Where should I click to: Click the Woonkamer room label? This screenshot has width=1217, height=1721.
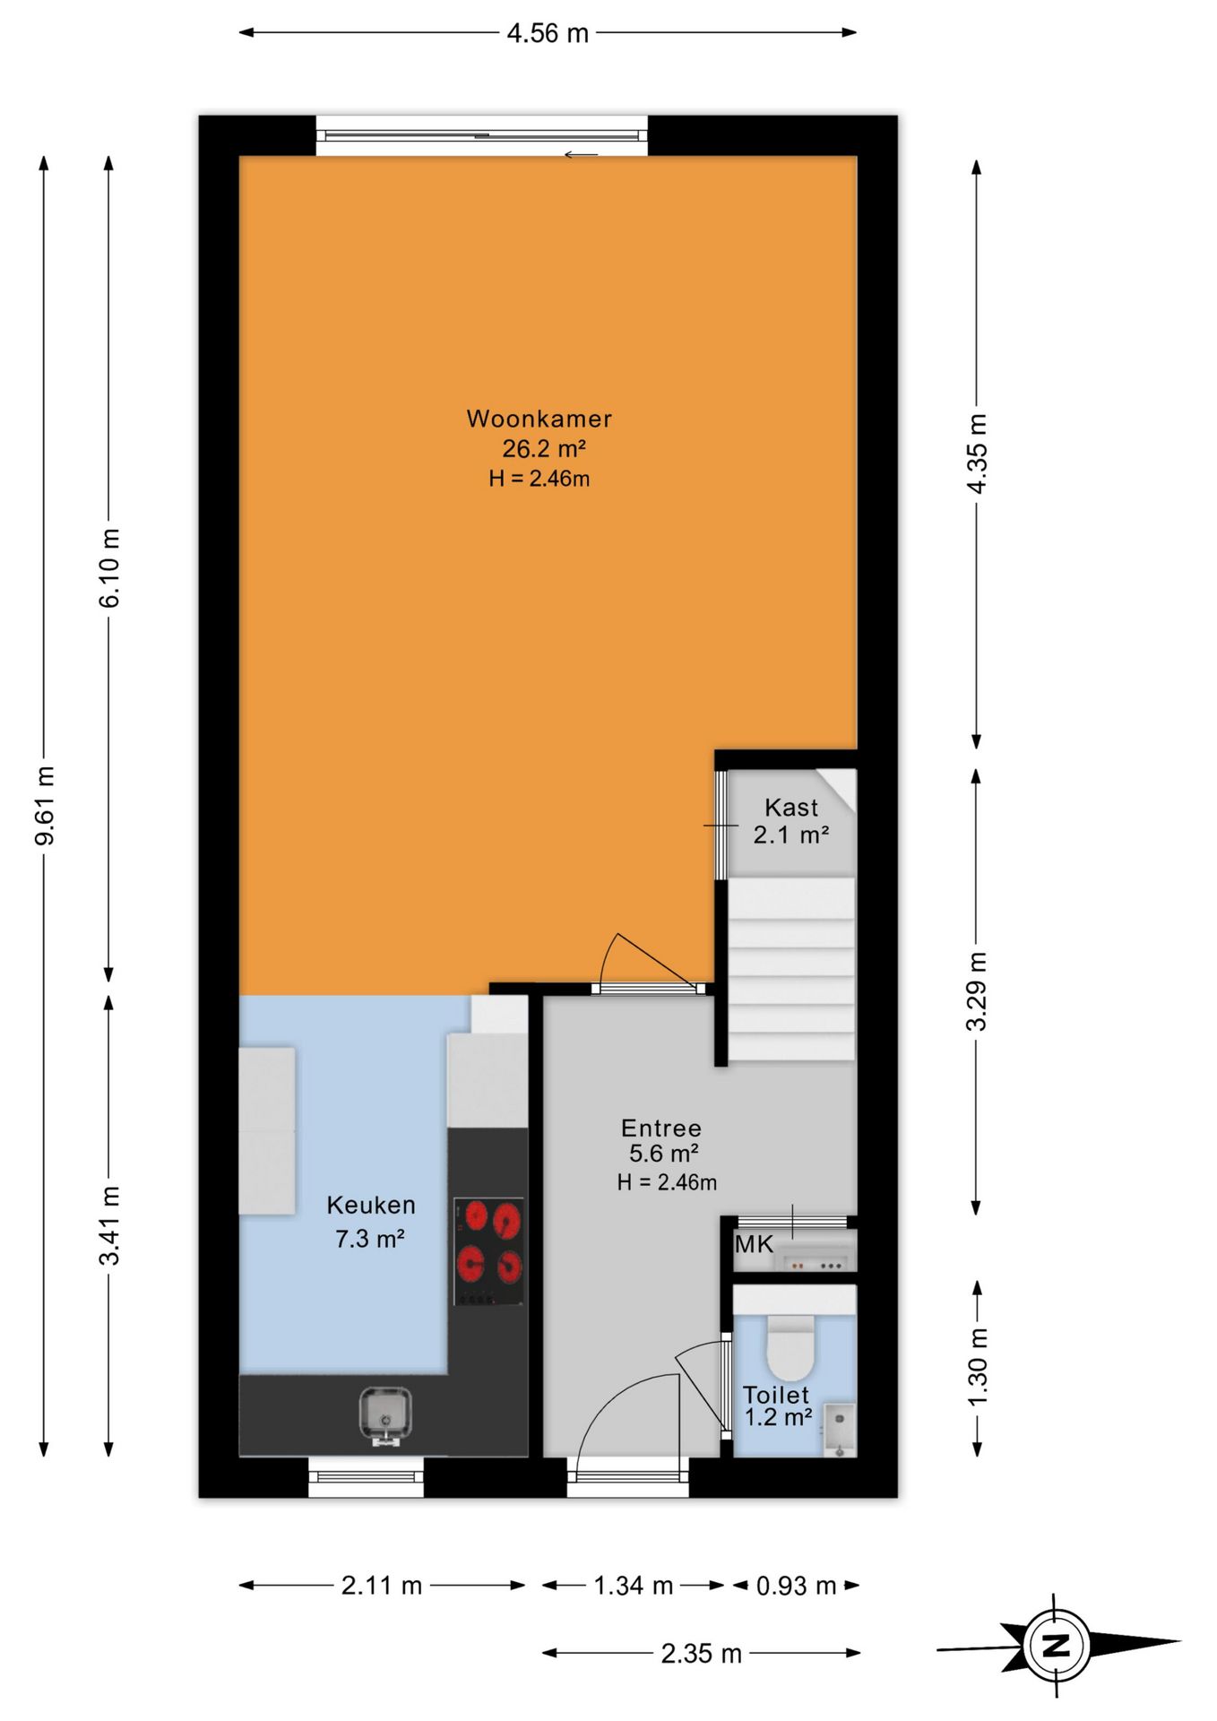[x=539, y=419]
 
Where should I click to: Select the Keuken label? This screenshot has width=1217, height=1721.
[x=371, y=1205]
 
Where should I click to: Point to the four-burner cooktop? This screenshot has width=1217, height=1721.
[x=488, y=1251]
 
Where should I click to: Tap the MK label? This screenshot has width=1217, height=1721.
[x=754, y=1244]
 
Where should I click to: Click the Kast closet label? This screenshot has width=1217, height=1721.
[x=791, y=808]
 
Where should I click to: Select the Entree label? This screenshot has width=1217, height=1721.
[x=661, y=1128]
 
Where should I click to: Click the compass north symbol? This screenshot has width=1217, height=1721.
[x=1057, y=1646]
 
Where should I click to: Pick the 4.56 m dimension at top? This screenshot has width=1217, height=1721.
[x=548, y=33]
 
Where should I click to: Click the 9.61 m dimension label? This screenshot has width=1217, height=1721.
[x=45, y=805]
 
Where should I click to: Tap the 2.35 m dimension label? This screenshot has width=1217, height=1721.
[x=702, y=1654]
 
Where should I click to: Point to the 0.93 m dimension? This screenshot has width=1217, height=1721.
[x=796, y=1586]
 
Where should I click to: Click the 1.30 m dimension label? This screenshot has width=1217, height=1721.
[x=978, y=1367]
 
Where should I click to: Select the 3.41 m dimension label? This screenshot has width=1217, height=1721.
[x=109, y=1225]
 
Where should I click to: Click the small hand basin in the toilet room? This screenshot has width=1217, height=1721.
[x=839, y=1429]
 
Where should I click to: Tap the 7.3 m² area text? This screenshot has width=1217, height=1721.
[x=369, y=1239]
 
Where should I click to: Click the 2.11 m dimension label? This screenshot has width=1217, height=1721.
[x=382, y=1586]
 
